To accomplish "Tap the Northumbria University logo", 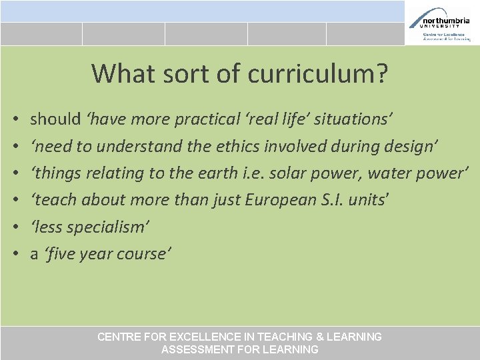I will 440,23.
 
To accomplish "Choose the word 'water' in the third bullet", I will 386,173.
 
